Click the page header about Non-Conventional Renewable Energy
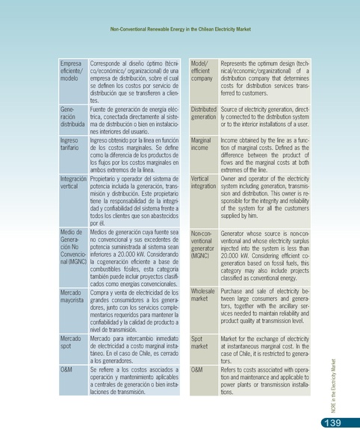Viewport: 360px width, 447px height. point(180,31)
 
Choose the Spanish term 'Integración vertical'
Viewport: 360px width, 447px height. point(72,184)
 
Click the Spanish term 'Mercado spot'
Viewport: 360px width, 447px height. point(70,343)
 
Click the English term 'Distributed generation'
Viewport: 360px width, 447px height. point(203,113)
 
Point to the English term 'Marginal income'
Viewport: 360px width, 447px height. point(201,144)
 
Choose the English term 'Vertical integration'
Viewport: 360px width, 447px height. point(204,184)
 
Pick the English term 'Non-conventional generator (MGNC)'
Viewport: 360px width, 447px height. point(202,245)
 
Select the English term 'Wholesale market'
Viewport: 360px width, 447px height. point(203,295)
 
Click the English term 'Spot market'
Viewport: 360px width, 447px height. point(199,343)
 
